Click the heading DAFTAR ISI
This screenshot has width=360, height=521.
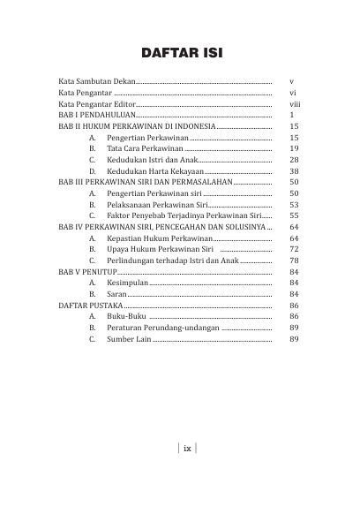(x=180, y=55)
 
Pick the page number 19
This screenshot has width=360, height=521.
(x=295, y=149)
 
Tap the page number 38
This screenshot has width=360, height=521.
(x=295, y=171)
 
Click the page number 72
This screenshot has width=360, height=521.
(x=295, y=250)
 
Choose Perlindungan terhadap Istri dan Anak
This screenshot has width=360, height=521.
(x=171, y=261)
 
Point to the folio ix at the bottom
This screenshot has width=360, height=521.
(x=186, y=447)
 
